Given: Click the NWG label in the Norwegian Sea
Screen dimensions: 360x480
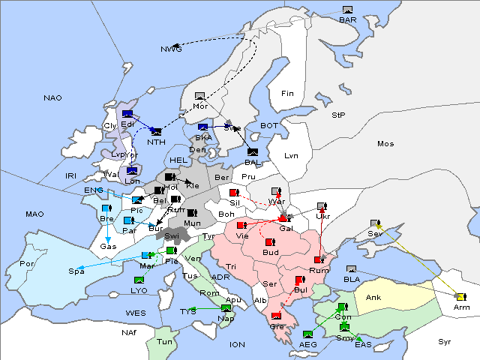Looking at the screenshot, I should pyautogui.click(x=171, y=49).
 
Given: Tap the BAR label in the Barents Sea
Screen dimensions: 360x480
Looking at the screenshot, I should pyautogui.click(x=347, y=19).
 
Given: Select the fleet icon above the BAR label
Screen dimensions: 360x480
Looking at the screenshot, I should pyautogui.click(x=347, y=10).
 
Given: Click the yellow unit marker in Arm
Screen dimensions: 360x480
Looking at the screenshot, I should pyautogui.click(x=460, y=297).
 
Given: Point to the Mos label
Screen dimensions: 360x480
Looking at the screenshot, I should pyautogui.click(x=385, y=143).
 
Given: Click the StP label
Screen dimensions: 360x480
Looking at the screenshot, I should pyautogui.click(x=338, y=115).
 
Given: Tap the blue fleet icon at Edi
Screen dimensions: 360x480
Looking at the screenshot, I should pyautogui.click(x=127, y=115).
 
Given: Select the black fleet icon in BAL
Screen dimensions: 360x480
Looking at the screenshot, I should pyautogui.click(x=253, y=152).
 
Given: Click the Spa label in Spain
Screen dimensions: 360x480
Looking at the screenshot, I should pyautogui.click(x=76, y=271).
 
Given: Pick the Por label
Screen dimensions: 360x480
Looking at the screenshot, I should pyautogui.click(x=27, y=264).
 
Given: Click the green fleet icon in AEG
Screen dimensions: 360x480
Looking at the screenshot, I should pyautogui.click(x=307, y=334).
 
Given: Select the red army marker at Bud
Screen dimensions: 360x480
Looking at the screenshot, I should pyautogui.click(x=270, y=243).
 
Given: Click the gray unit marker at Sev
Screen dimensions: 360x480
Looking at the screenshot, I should pyautogui.click(x=375, y=223).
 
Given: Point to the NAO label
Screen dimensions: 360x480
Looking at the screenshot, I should pyautogui.click(x=52, y=97).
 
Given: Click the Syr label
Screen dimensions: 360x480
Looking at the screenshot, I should pyautogui.click(x=445, y=341).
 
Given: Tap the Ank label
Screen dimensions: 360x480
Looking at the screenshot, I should pyautogui.click(x=373, y=297).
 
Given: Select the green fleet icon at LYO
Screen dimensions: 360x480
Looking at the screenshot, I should pyautogui.click(x=139, y=280).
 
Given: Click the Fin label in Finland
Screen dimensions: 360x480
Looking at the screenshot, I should pyautogui.click(x=286, y=93).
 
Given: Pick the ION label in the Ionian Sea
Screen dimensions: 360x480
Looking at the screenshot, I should pyautogui.click(x=237, y=344).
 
